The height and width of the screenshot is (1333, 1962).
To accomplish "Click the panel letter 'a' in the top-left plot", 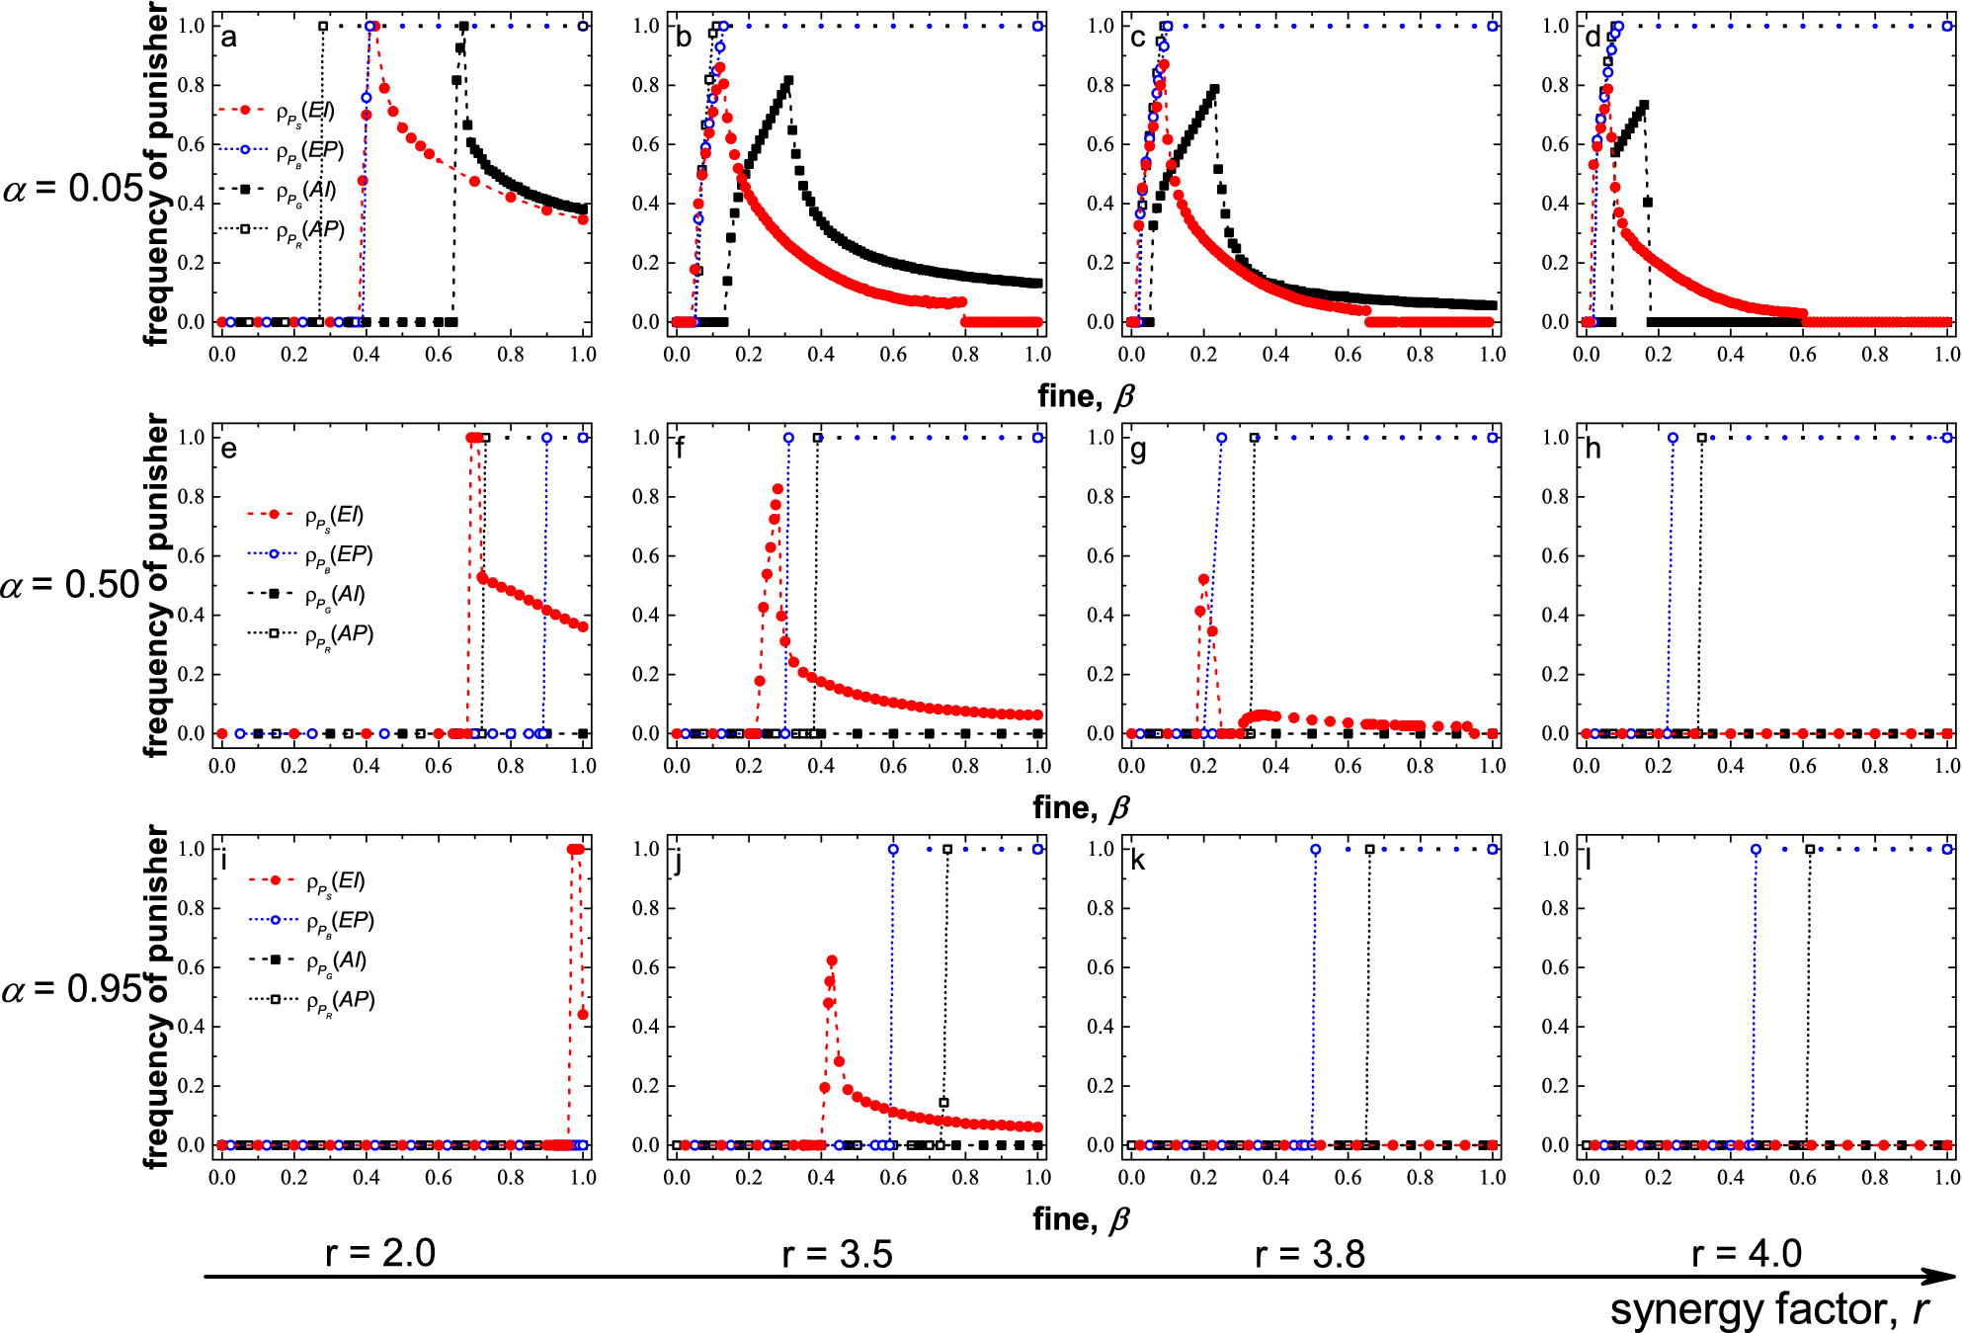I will pos(229,39).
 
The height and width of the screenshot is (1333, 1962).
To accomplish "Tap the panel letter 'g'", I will pos(1138,451).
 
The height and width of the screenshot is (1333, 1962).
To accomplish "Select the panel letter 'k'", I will pos(1138,861).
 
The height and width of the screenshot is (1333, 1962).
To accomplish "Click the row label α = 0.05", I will pos(73,188).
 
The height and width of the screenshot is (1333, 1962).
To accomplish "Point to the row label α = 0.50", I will pos(71,585).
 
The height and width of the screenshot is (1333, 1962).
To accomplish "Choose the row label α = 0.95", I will pos(73,988).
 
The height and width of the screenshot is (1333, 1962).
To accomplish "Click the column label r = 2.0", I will pos(380,1253).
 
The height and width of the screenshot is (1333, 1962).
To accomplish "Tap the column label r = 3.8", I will pos(1310,1254).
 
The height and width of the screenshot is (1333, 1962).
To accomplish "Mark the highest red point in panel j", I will pos(832,960).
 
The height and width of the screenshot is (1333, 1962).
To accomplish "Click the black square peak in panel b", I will pos(788,80).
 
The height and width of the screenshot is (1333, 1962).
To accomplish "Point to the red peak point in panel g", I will pos(1203,579).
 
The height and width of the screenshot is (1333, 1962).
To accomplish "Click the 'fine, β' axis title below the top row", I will pos(1085,396).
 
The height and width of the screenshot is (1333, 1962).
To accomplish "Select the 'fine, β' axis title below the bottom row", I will pos(1081,1219).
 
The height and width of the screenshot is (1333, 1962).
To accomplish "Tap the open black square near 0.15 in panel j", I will pos(943,1103).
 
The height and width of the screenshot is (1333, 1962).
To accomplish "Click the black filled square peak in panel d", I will pos(1644,104).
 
